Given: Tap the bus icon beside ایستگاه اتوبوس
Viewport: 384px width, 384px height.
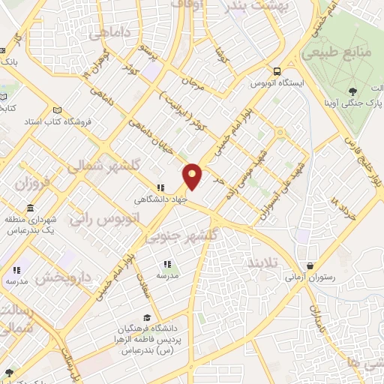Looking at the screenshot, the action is point(277,71).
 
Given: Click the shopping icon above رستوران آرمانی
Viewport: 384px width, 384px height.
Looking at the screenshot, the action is point(310,265).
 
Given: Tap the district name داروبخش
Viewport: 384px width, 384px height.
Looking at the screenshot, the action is point(63,277).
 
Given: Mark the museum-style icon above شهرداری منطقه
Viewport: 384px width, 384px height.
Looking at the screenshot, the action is point(30,208).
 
